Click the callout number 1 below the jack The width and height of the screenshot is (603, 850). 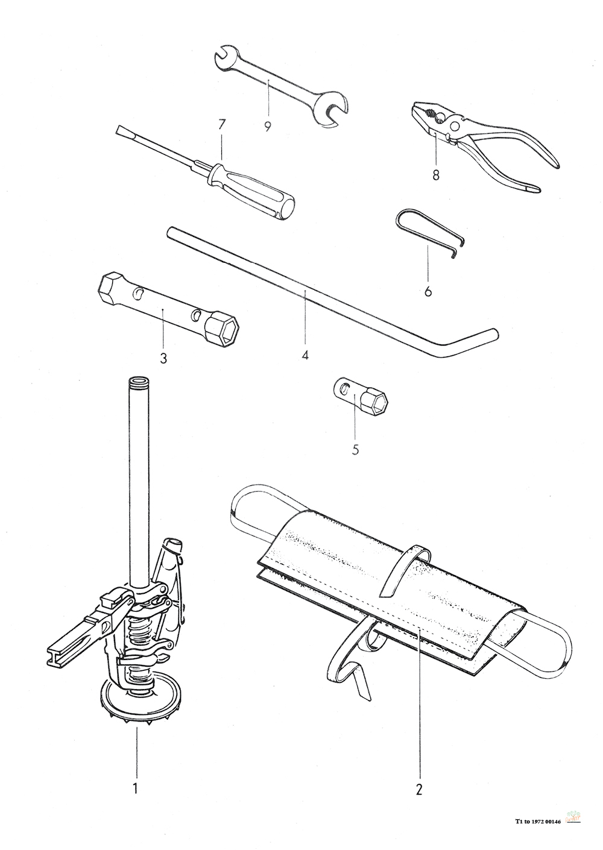pos(136,787)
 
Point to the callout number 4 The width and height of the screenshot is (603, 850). pos(305,355)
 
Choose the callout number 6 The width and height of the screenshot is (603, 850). pos(428,291)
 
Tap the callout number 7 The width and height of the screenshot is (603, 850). pos(221,125)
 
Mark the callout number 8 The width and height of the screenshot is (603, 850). pos(436,175)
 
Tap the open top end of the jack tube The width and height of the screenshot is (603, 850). pos(138,382)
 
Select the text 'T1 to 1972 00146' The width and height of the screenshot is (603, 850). pos(538,820)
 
